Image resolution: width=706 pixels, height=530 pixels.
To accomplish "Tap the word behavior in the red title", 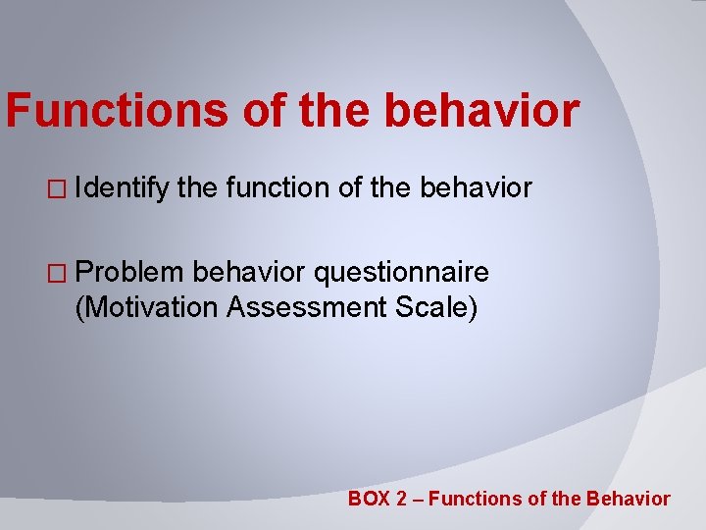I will click(x=481, y=111).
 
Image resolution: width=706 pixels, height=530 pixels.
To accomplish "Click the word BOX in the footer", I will click(x=369, y=499).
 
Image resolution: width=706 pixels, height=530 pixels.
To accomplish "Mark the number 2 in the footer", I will click(x=401, y=499).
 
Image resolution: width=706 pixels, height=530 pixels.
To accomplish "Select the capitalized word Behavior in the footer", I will click(x=628, y=499).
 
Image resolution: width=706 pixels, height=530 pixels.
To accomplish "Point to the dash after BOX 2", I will click(x=418, y=500).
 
